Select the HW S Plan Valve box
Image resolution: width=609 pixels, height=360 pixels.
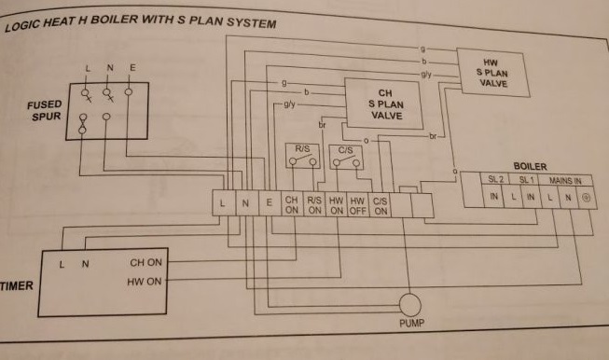pyautogui.click(x=491, y=74)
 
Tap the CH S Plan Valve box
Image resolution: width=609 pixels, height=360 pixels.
pyautogui.click(x=382, y=105)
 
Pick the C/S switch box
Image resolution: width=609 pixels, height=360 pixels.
pyautogui.click(x=344, y=156)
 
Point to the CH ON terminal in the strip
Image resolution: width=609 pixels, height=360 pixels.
pyautogui.click(x=291, y=205)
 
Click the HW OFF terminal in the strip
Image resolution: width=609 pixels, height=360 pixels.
pyautogui.click(x=358, y=205)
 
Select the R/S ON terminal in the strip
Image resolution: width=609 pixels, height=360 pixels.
pyautogui.click(x=313, y=205)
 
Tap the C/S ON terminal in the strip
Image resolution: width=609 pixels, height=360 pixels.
pyautogui.click(x=381, y=205)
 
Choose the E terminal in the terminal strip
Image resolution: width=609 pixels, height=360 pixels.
pyautogui.click(x=269, y=202)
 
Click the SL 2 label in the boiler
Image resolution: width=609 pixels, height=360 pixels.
pyautogui.click(x=494, y=178)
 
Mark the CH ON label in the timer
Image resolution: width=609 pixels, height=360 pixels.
pyautogui.click(x=145, y=264)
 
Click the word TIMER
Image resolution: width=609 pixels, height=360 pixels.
pyautogui.click(x=16, y=285)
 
